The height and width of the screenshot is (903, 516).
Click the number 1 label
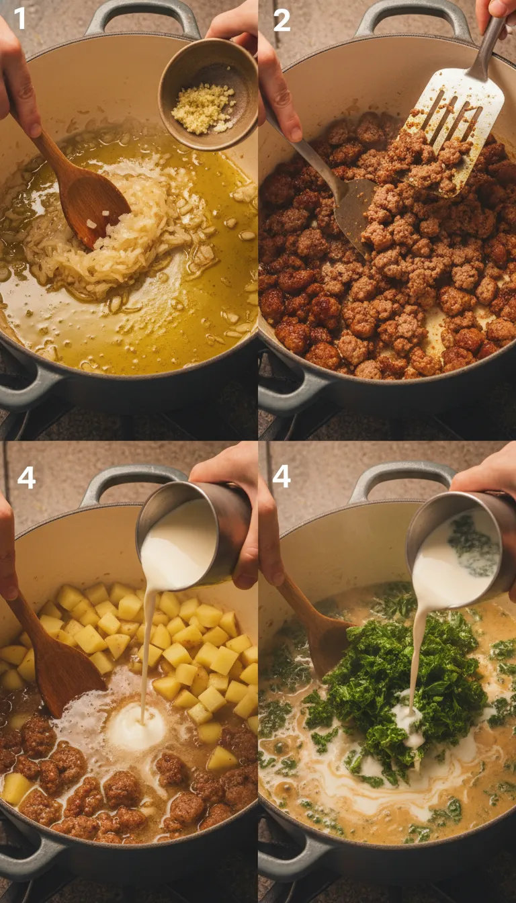click(x=20, y=18)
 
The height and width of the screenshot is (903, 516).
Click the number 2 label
click(x=282, y=19)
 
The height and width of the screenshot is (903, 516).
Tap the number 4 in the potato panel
click(x=26, y=477)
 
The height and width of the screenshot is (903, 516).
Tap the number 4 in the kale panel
click(x=282, y=476)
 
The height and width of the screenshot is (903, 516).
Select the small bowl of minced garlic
click(x=207, y=95)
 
